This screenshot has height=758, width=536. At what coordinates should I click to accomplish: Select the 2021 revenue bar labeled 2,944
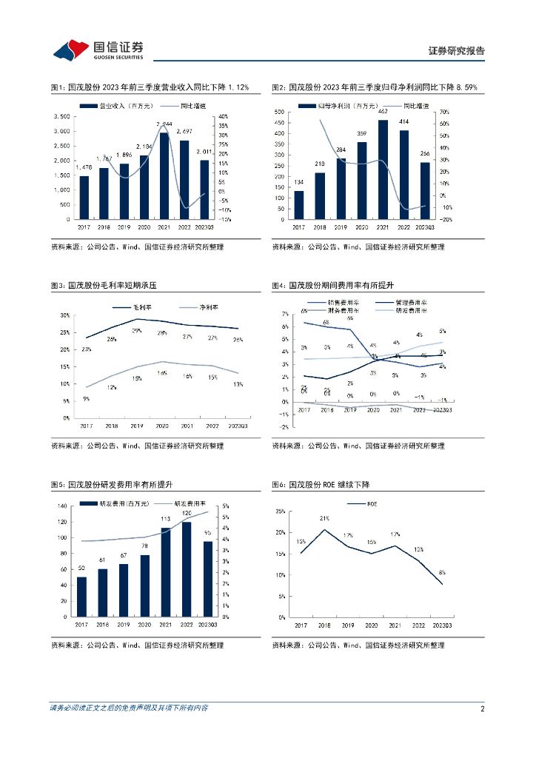pyautogui.click(x=164, y=176)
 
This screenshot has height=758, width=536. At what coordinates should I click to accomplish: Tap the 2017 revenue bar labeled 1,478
pyautogui.click(x=84, y=198)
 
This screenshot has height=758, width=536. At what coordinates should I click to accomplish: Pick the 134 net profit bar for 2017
pyautogui.click(x=298, y=205)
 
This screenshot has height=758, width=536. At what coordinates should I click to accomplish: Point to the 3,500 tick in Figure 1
pyautogui.click(x=62, y=116)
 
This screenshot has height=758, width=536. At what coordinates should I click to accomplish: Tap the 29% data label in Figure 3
pyautogui.click(x=136, y=330)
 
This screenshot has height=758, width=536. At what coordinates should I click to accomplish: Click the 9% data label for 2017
pyautogui.click(x=86, y=399)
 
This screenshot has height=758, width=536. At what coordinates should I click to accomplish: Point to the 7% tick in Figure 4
pyautogui.click(x=285, y=315)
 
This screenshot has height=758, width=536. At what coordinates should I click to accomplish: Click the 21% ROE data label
pyautogui.click(x=324, y=519)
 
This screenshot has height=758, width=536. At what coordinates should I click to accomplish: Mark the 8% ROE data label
pyautogui.click(x=442, y=572)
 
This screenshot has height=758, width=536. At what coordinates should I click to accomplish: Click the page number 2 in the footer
pyautogui.click(x=482, y=708)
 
